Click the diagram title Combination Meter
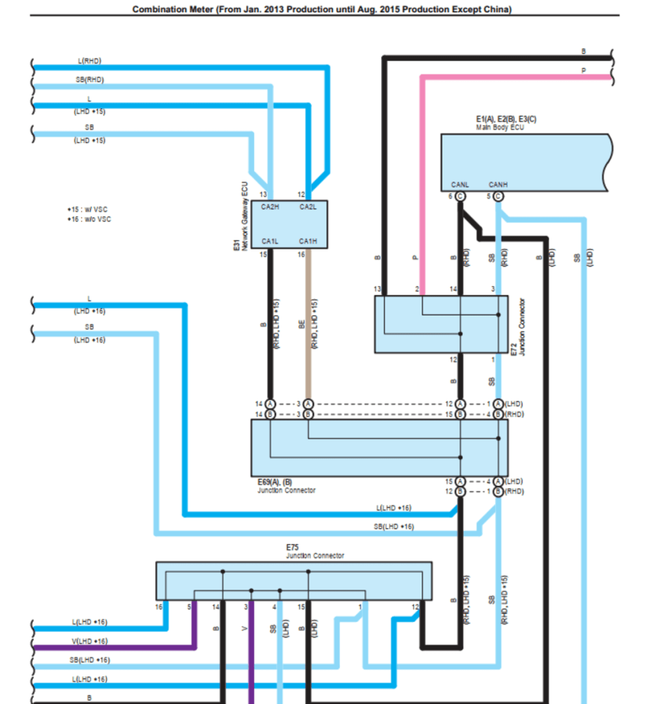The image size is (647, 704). (321, 9)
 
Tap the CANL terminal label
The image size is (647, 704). (460, 184)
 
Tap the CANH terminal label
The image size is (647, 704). (498, 184)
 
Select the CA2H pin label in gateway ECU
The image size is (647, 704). (270, 207)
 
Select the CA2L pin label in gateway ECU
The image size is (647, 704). (307, 207)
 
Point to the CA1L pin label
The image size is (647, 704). (270, 241)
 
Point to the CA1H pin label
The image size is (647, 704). (307, 241)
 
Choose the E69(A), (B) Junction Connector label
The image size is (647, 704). (286, 486)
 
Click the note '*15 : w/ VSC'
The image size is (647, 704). (89, 209)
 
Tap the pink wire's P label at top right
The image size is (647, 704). (584, 70)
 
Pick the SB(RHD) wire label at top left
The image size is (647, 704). (90, 80)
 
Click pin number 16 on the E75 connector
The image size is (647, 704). (159, 607)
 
